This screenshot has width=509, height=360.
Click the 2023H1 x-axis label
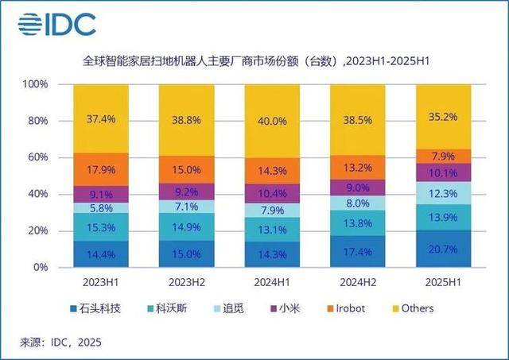[101, 282]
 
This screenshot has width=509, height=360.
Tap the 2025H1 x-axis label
[442, 282]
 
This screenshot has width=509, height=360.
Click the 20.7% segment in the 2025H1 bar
[442, 249]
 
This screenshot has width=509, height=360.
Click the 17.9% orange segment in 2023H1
[101, 169]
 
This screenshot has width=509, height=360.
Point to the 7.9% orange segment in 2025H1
[442, 156]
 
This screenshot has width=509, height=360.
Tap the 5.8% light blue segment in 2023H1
[101, 207]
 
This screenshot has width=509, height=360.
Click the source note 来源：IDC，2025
[61, 342]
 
